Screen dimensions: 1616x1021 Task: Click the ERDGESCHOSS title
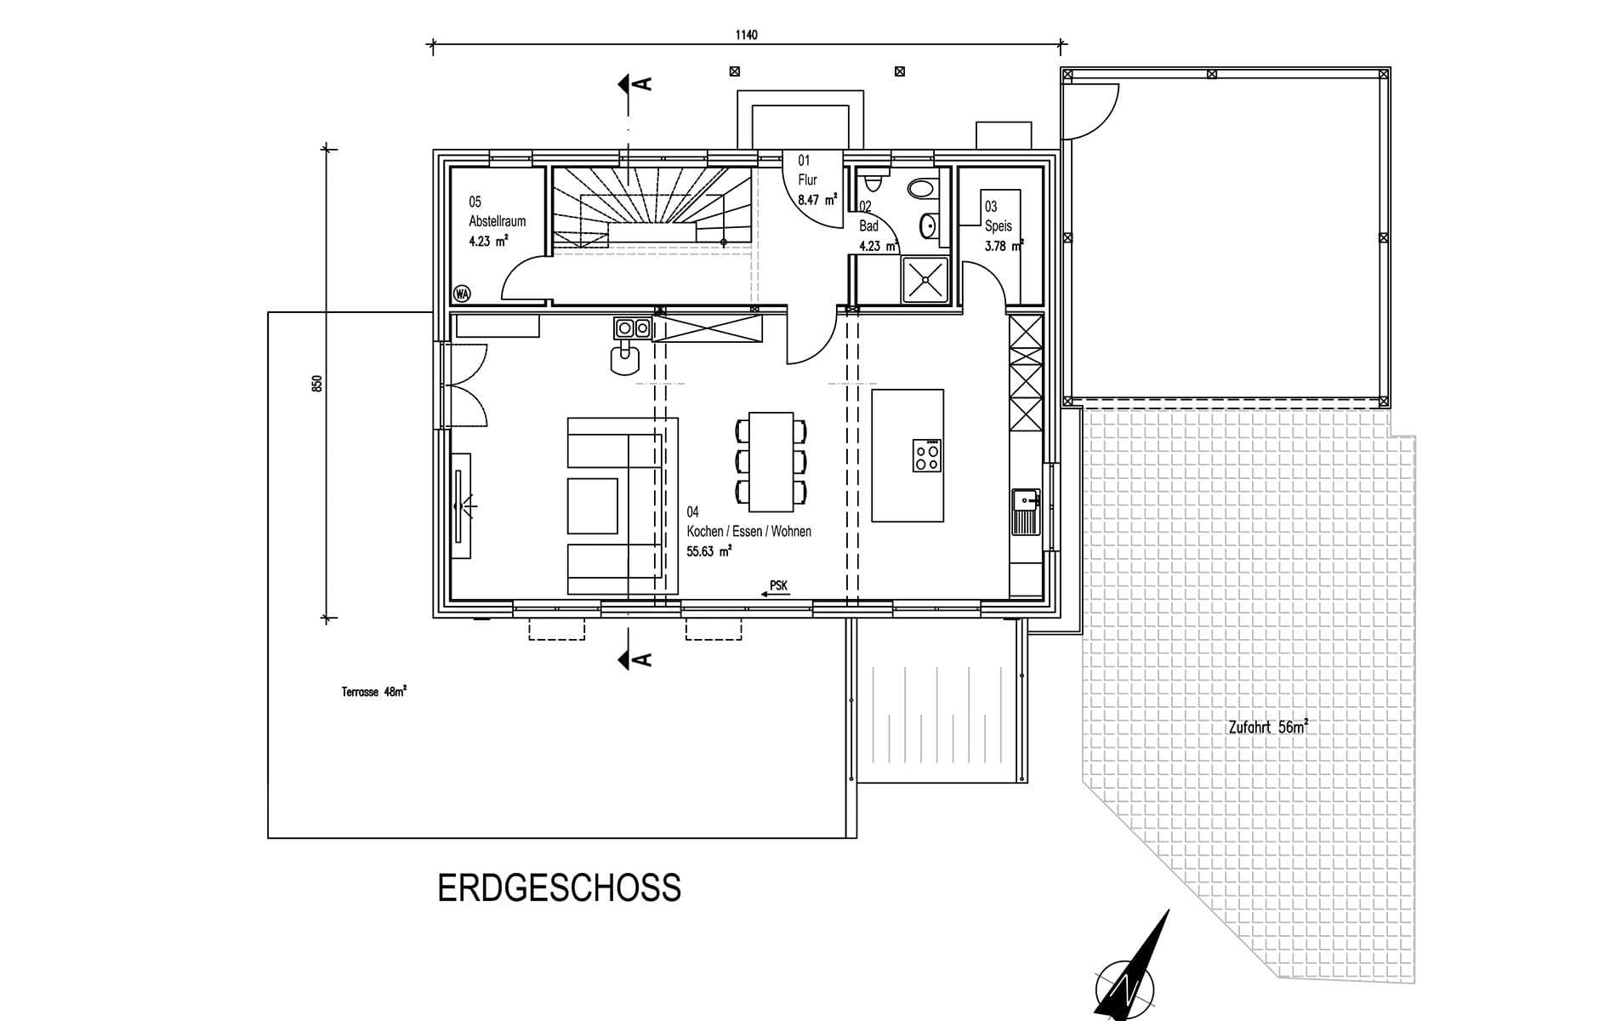click(559, 887)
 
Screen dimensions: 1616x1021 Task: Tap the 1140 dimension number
click(746, 35)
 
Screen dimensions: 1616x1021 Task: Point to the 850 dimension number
click(317, 383)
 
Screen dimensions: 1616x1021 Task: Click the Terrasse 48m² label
click(373, 692)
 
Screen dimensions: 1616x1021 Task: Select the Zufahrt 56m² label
click(1268, 727)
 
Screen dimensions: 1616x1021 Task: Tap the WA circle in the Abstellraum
click(462, 294)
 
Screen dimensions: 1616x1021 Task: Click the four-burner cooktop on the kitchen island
click(926, 455)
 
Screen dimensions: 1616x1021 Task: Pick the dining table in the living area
click(771, 462)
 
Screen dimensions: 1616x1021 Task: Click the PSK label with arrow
click(775, 589)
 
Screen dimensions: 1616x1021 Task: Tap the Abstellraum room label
click(498, 221)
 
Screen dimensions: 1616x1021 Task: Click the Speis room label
click(999, 226)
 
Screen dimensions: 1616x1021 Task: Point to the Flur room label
click(807, 180)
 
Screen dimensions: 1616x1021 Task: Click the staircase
click(652, 209)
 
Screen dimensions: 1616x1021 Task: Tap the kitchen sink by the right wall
click(1026, 511)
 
